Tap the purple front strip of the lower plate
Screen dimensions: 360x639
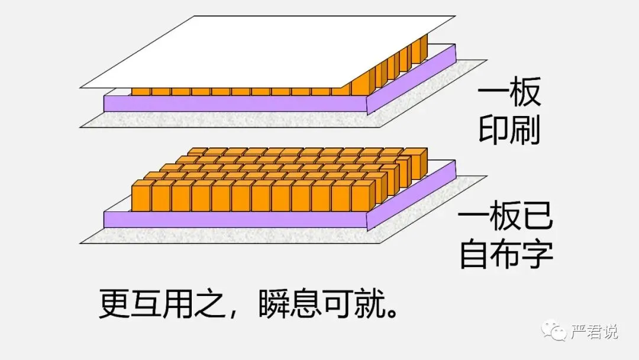coord(237,220)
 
